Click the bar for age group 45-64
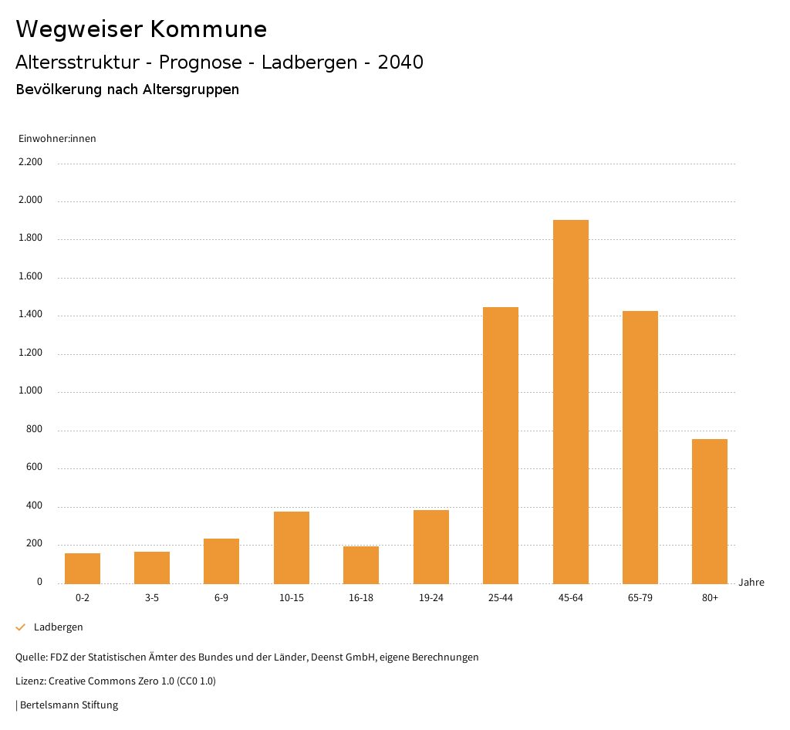tap(570, 401)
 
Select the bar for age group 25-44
tap(501, 445)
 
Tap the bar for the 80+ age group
tap(710, 511)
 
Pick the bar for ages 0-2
tap(83, 568)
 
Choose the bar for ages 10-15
tap(292, 547)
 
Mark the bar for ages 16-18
tap(361, 564)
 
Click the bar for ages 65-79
tap(640, 447)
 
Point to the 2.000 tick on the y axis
tap(32, 201)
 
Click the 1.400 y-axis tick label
tap(32, 315)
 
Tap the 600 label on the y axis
tap(35, 468)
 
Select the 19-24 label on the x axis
tap(430, 598)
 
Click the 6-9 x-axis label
tap(221, 598)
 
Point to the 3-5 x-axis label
tap(152, 598)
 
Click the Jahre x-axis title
tap(751, 583)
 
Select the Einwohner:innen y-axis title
tap(57, 139)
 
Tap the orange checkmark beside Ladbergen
tap(21, 627)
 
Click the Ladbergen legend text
tap(59, 627)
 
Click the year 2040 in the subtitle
tap(400, 63)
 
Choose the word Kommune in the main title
tap(208, 29)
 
